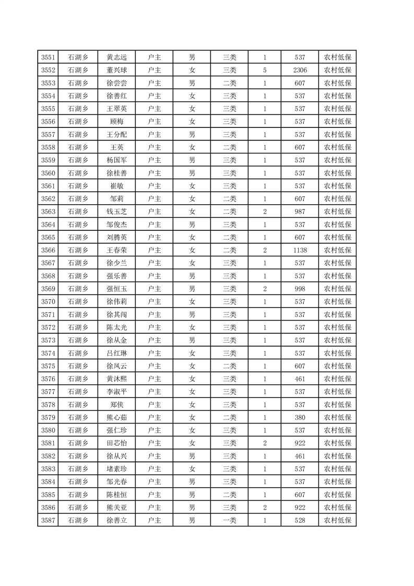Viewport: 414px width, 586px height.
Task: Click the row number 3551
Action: (x=48, y=57)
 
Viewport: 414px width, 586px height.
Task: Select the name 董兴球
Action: (x=117, y=70)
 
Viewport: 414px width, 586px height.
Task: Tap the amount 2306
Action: (x=300, y=70)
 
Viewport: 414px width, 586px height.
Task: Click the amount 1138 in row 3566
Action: (x=300, y=250)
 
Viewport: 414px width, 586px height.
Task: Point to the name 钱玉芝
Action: (x=117, y=212)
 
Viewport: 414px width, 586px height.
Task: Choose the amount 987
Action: (x=300, y=212)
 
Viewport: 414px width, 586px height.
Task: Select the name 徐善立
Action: (x=117, y=520)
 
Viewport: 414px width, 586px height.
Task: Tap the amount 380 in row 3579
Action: (x=300, y=417)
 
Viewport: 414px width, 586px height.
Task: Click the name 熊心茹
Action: (x=117, y=417)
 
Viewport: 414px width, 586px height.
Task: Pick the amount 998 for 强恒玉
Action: (x=300, y=289)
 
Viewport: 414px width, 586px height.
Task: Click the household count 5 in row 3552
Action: (x=265, y=70)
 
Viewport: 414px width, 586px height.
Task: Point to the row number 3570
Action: (x=48, y=301)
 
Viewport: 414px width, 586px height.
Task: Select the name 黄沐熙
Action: (x=117, y=379)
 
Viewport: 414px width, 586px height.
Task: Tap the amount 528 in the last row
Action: (x=300, y=520)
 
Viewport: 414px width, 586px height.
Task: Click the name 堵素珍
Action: (x=117, y=469)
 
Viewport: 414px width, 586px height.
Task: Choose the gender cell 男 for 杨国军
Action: (x=192, y=160)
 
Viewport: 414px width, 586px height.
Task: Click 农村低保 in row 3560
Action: (x=337, y=173)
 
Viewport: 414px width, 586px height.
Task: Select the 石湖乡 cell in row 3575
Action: (x=78, y=366)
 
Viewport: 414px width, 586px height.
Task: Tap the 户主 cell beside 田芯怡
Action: (x=155, y=443)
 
